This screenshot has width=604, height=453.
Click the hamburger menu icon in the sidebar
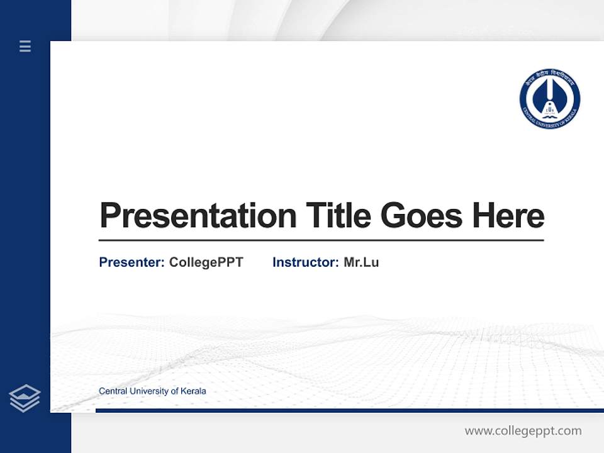[x=25, y=46]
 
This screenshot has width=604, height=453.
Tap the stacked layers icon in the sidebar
[x=25, y=398]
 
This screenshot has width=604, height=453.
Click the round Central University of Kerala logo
[x=549, y=99]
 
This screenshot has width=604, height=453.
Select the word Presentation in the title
[x=198, y=216]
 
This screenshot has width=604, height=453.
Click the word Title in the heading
[x=338, y=215]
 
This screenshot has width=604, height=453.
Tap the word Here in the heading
[x=508, y=215]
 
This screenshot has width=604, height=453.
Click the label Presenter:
[x=132, y=262]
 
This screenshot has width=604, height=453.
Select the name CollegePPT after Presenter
[x=206, y=262]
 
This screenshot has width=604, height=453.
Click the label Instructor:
[x=306, y=262]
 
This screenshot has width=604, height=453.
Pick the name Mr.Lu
[x=361, y=262]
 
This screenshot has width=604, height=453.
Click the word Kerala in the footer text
[x=193, y=391]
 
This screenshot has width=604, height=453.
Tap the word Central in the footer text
[x=113, y=391]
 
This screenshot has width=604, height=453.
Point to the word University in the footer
[x=148, y=391]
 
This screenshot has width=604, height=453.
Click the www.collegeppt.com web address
[x=523, y=431]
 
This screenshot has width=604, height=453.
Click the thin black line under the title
[x=321, y=240]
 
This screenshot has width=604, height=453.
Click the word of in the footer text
[x=174, y=391]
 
